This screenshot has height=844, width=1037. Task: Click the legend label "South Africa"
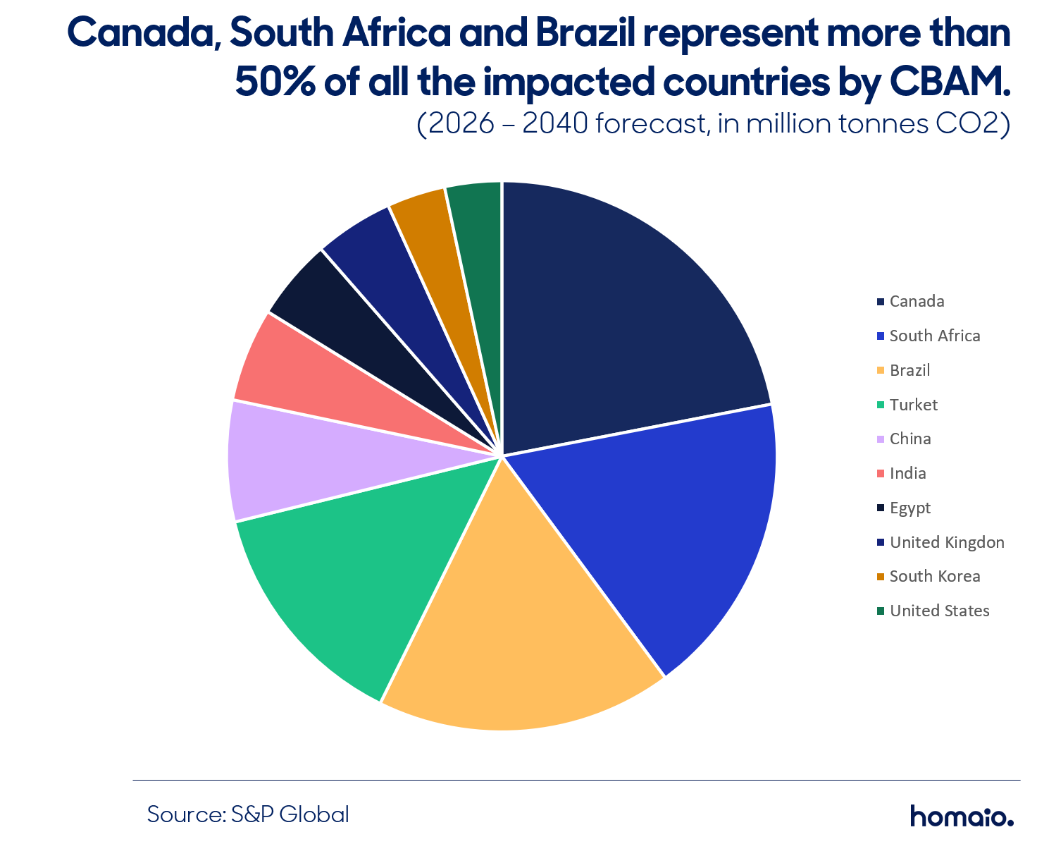coord(934,336)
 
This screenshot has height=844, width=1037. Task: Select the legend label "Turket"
coord(913,405)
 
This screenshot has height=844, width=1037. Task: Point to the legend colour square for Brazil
coord(880,370)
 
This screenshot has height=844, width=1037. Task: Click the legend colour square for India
coord(880,473)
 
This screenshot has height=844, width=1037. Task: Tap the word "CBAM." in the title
coord(950,81)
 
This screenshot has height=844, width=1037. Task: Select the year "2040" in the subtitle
coord(555,123)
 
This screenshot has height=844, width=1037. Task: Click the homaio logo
coord(962,816)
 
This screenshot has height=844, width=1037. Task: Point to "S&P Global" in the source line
coord(290,814)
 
